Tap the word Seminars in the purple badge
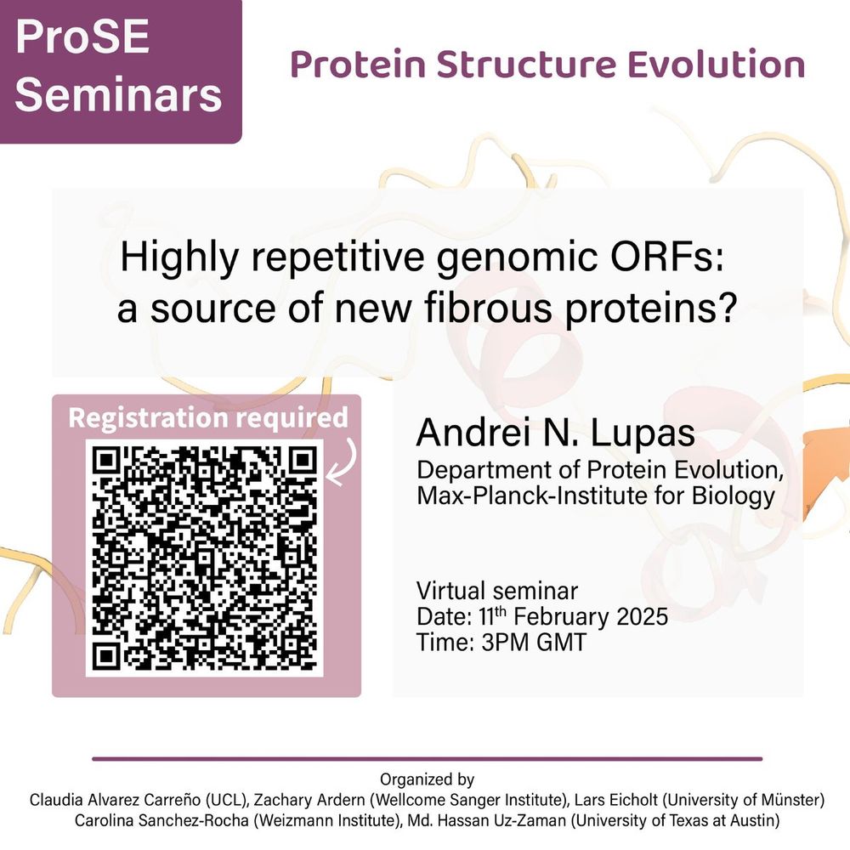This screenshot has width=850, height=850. click(119, 95)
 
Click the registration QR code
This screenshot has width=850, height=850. click(204, 558)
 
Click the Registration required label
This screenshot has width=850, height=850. click(208, 418)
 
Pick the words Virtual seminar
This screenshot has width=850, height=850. click(497, 591)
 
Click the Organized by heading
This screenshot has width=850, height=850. click(428, 779)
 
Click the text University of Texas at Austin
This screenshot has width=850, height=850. click(675, 821)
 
